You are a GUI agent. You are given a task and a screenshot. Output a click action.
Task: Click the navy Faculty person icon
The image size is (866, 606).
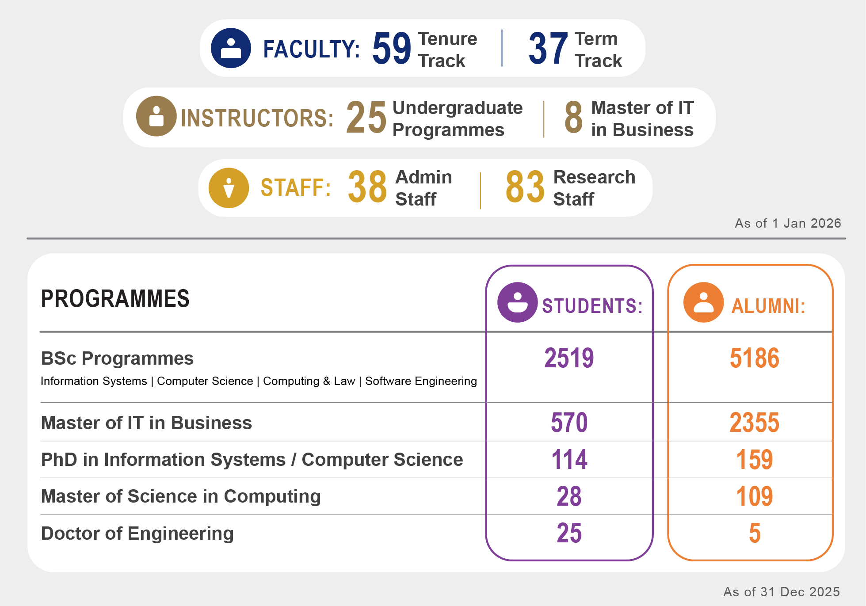pyautogui.click(x=231, y=48)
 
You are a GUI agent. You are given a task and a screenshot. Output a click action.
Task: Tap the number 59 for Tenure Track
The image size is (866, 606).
pyautogui.click(x=392, y=48)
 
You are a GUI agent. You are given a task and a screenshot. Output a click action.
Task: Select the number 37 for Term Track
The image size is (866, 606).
pyautogui.click(x=548, y=48)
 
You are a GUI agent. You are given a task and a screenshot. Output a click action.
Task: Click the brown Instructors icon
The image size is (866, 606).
pyautogui.click(x=156, y=116)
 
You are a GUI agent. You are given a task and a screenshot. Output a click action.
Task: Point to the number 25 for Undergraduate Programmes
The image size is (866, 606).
pyautogui.click(x=366, y=117)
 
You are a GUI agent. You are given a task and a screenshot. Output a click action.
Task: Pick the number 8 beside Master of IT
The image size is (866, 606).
pyautogui.click(x=573, y=117)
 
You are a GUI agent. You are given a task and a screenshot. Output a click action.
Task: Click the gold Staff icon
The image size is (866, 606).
pyautogui.click(x=229, y=188)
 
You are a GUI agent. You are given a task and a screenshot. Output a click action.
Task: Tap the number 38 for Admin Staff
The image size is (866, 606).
pyautogui.click(x=367, y=187)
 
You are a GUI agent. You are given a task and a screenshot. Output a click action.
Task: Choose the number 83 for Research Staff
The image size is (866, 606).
pyautogui.click(x=525, y=187)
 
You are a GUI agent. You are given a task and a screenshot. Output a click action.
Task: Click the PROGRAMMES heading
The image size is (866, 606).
pyautogui.click(x=115, y=299)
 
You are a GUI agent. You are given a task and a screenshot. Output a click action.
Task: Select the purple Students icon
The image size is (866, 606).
pyautogui.click(x=517, y=302)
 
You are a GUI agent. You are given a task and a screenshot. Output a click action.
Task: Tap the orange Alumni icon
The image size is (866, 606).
pyautogui.click(x=703, y=302)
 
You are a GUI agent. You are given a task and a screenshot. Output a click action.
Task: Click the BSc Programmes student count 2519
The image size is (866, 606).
pyautogui.click(x=569, y=358)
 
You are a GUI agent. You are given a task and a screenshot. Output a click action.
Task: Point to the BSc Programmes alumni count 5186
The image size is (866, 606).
pyautogui.click(x=754, y=358)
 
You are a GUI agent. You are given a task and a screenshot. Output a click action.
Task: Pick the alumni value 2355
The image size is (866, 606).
pyautogui.click(x=754, y=423)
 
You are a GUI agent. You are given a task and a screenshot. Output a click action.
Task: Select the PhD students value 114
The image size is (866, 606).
pyautogui.click(x=569, y=460)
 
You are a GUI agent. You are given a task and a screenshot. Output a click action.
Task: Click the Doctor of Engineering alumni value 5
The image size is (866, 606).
pyautogui.click(x=755, y=533)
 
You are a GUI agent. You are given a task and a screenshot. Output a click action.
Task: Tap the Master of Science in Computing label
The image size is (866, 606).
pyautogui.click(x=181, y=496)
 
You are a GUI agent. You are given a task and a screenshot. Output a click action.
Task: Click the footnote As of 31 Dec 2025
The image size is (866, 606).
pyautogui.click(x=781, y=592)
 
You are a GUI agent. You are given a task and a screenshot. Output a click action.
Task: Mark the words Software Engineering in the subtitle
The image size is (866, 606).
pyautogui.click(x=421, y=381)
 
